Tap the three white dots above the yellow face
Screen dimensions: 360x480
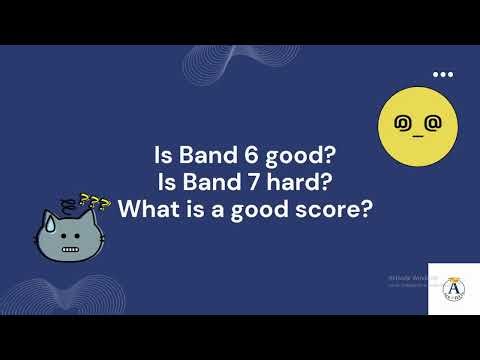coord(442,75)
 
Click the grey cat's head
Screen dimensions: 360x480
coord(69,237)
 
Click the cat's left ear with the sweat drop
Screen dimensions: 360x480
coord(46,223)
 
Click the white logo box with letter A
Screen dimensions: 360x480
coord(452,291)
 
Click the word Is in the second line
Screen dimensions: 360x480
coord(168,183)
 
